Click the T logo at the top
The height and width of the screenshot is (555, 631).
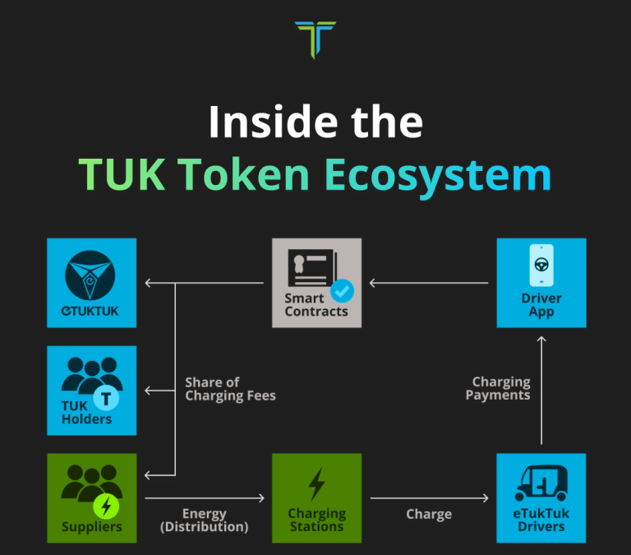(x=315, y=39)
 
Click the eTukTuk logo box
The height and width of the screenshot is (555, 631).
(x=91, y=283)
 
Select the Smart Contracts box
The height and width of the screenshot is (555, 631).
(x=316, y=283)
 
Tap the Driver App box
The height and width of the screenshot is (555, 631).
(x=541, y=283)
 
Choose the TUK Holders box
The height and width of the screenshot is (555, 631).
(x=91, y=391)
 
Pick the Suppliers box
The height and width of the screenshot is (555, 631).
(x=91, y=497)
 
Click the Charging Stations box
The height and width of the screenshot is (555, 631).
(x=316, y=497)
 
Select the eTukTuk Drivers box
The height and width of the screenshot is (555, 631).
(x=541, y=497)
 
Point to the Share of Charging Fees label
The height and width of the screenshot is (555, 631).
(x=230, y=389)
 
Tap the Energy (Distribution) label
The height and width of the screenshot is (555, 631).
(x=204, y=520)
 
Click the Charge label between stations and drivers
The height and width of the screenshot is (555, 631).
(x=429, y=515)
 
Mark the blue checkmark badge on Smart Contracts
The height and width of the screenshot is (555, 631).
(x=341, y=290)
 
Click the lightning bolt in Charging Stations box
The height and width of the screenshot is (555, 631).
(x=316, y=484)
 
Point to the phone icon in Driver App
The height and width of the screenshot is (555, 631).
(x=541, y=265)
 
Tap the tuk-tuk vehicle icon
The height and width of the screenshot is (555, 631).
(x=541, y=484)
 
